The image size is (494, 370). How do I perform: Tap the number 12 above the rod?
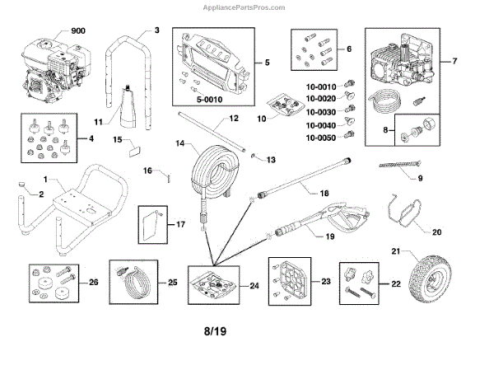point(235,119)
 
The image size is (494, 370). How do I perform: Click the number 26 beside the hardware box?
point(93,282)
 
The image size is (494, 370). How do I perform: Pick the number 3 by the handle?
point(156,30)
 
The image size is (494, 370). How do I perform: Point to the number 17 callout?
point(180,224)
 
